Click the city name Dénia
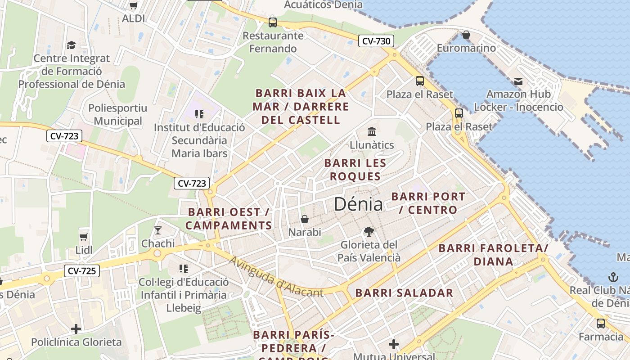tap(358, 204)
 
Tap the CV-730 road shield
tap(376, 41)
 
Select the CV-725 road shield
tap(82, 271)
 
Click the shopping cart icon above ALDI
tap(133, 5)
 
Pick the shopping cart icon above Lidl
tap(83, 236)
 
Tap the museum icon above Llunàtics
tap(372, 132)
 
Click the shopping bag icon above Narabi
tap(305, 219)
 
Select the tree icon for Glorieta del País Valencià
tap(369, 232)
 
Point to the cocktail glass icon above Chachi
tap(157, 230)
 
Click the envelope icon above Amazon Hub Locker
tap(518, 81)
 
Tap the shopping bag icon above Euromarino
tap(466, 35)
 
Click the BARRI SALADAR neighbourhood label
tap(404, 293)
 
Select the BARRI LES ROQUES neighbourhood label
tap(355, 170)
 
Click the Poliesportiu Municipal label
tap(117, 114)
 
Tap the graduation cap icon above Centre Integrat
tap(72, 45)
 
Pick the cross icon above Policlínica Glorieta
tap(76, 329)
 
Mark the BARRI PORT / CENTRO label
tap(428, 203)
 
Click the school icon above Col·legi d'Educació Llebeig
tap(184, 269)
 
